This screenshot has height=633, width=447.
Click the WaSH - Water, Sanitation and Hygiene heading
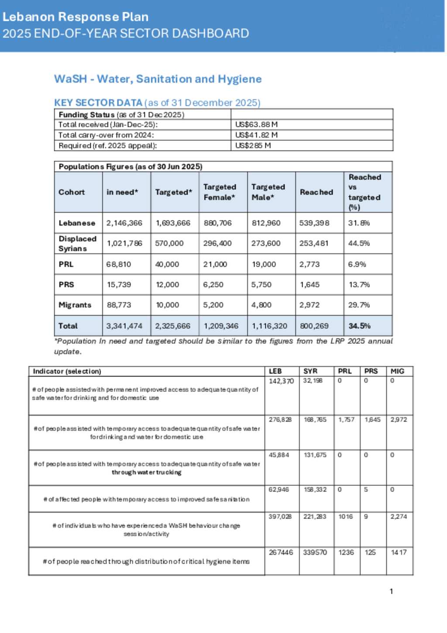tap(158, 79)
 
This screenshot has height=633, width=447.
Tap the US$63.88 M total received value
tap(256, 125)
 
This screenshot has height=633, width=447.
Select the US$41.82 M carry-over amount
tap(256, 135)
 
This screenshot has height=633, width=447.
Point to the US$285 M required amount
tap(253, 145)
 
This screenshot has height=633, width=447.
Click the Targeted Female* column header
tap(220, 192)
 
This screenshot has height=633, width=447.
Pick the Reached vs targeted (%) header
tap(364, 192)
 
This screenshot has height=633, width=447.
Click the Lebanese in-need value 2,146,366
tap(124, 223)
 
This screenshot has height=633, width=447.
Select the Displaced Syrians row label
tap(77, 243)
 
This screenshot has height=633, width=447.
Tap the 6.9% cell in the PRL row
tap(357, 264)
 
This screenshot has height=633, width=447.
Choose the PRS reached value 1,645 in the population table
tap(309, 284)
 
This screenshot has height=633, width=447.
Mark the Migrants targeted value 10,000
tap(167, 305)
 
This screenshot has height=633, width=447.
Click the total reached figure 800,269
tap(314, 326)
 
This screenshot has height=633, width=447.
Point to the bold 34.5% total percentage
tap(359, 326)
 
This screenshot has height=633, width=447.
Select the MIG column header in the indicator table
tap(397, 371)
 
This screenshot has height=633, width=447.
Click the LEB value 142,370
tap(281, 381)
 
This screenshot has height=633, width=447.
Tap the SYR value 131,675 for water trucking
tap(315, 455)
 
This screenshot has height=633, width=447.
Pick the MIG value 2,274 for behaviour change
tap(399, 516)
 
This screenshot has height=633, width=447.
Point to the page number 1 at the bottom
tap(391, 591)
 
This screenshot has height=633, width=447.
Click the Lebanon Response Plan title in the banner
tap(76, 17)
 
